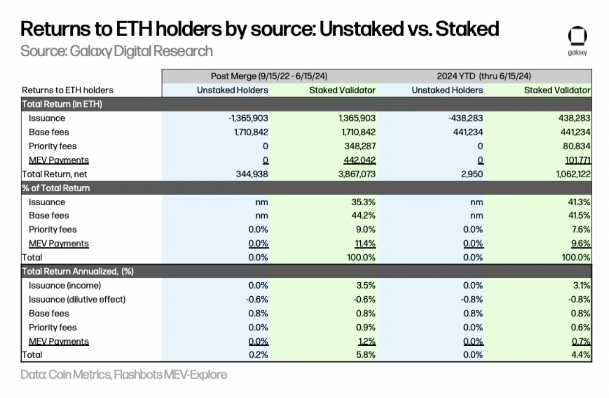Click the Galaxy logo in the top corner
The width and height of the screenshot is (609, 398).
coord(577,38)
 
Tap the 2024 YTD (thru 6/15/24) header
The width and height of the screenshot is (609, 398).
coord(483,76)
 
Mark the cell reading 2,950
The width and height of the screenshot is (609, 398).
coord(472,174)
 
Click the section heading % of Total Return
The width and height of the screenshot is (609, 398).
coord(56,188)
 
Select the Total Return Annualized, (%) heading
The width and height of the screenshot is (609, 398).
coord(78,272)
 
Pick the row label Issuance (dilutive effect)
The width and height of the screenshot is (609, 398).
coord(77,299)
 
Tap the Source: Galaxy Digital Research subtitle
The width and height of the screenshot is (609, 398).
coord(116,50)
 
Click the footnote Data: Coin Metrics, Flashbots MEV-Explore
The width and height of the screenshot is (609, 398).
coord(124,374)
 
